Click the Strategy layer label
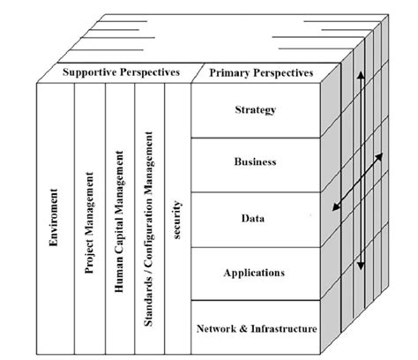tap(256, 109)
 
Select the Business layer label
tap(256, 162)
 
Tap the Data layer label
tap(256, 217)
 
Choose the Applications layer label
tap(256, 273)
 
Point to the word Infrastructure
tap(280, 328)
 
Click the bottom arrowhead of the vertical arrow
tap(360, 266)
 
